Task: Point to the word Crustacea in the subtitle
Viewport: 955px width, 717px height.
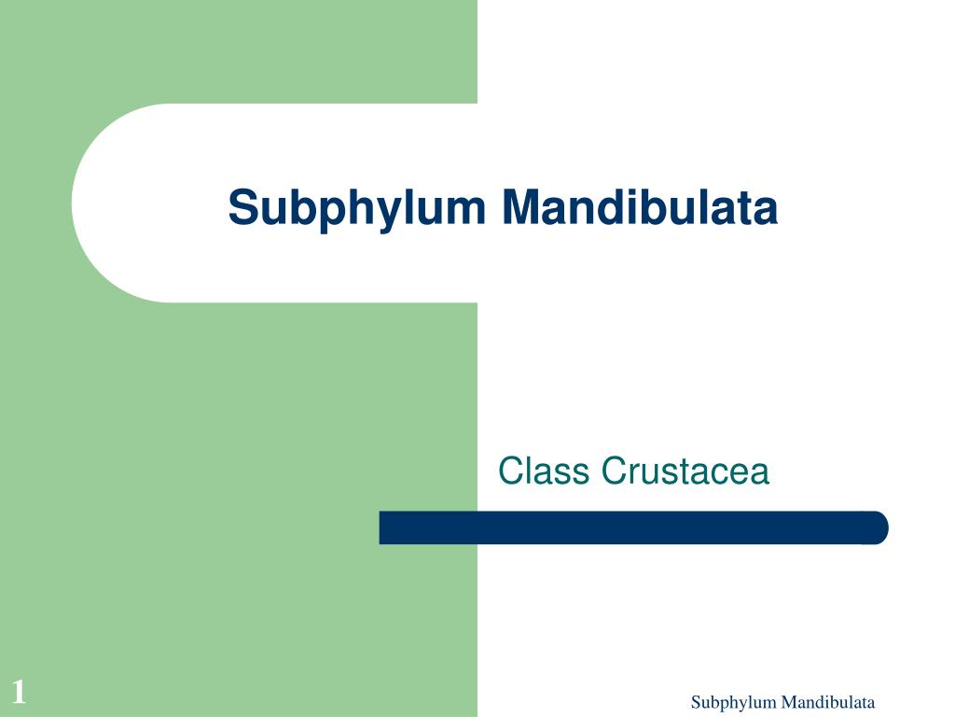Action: (x=685, y=471)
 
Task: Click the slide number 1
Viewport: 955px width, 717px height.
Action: (x=18, y=693)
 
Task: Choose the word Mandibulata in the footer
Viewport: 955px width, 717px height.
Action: (x=827, y=703)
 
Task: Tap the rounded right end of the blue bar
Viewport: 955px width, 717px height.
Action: (x=877, y=527)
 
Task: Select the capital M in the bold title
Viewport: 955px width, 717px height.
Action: (x=520, y=207)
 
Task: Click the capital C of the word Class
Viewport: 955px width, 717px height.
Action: (x=510, y=471)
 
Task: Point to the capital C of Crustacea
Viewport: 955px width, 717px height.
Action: (x=614, y=471)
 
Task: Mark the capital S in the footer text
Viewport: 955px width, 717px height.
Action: (x=696, y=703)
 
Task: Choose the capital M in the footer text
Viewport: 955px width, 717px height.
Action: (x=787, y=703)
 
